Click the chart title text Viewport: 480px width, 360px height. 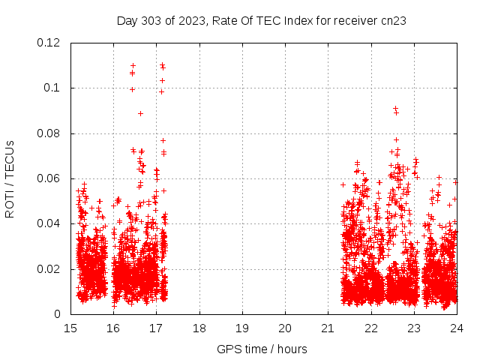tap(262, 21)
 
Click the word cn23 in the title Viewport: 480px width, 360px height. tap(393, 21)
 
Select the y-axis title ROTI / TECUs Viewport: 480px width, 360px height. tap(10, 178)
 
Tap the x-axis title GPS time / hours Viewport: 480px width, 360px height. tap(262, 349)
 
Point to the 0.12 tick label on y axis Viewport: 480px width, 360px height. tap(49, 43)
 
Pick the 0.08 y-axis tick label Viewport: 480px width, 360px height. tap(49, 133)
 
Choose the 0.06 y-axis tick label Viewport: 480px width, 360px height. tap(49, 178)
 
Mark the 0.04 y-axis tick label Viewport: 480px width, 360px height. tap(49, 223)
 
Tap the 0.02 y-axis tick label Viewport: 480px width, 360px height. tap(49, 269)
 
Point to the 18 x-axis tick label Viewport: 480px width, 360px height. tap(199, 328)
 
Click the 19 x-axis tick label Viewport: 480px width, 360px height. tap(242, 328)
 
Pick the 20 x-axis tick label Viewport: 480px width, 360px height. tap(285, 328)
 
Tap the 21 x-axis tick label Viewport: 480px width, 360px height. tap(328, 328)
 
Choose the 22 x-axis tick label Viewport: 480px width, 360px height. tap(370, 328)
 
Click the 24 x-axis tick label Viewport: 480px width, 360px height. tap(456, 328)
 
